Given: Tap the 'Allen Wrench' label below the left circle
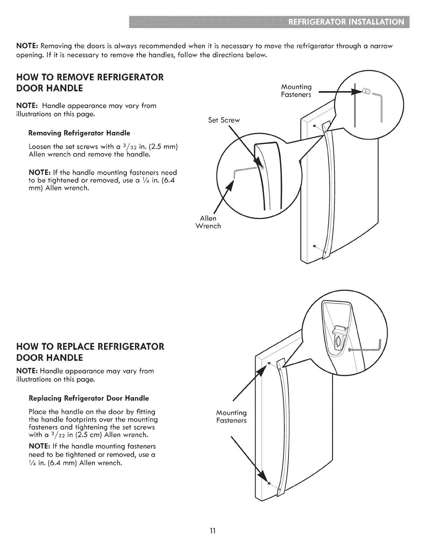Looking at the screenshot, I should pyautogui.click(x=208, y=222).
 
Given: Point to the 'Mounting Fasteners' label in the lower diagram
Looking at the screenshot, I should pyautogui.click(x=231, y=417).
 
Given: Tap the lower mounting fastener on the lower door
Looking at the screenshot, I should pyautogui.click(x=269, y=483).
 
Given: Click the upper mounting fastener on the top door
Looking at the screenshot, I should pyautogui.click(x=314, y=126).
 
